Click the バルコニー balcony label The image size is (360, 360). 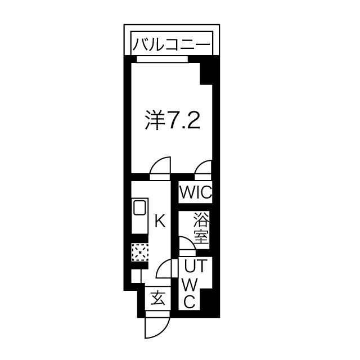coord(171,44)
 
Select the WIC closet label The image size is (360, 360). coord(195,192)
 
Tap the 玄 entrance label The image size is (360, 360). coord(158,299)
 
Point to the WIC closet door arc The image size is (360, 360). coord(204,168)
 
